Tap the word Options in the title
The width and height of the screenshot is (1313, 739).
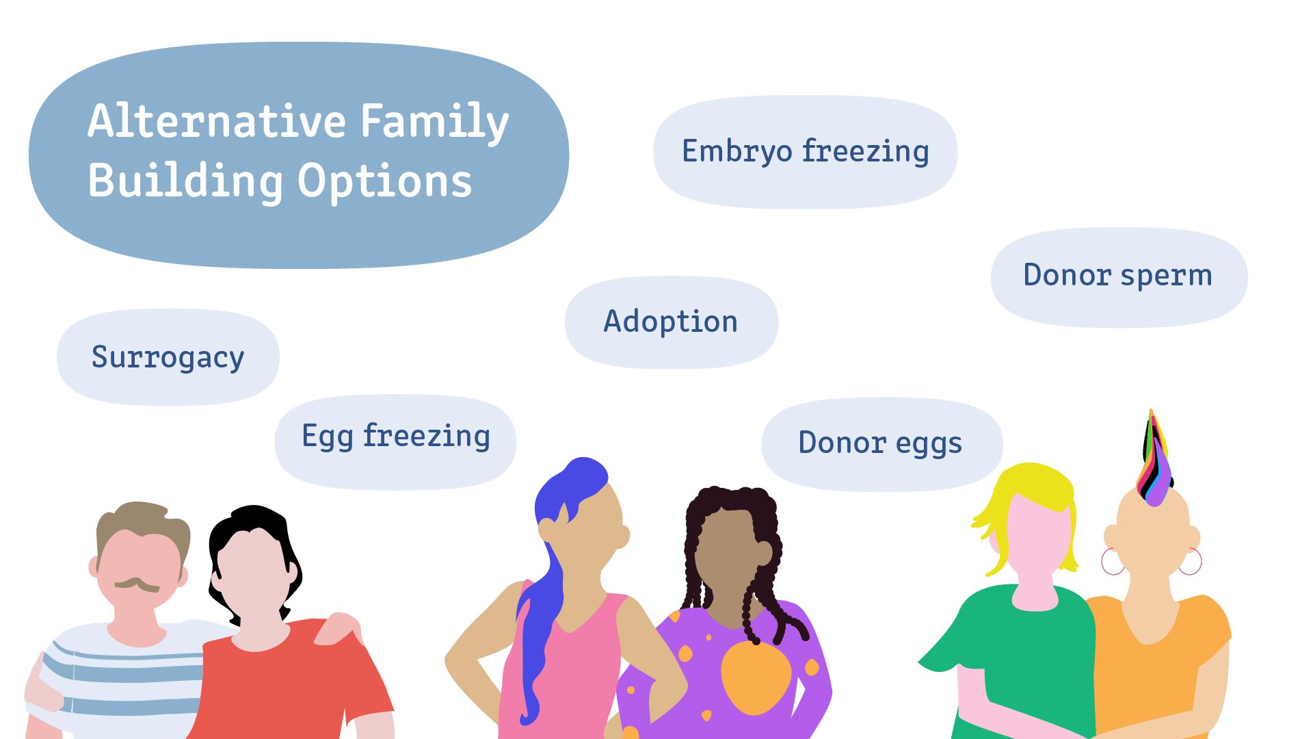click(385, 182)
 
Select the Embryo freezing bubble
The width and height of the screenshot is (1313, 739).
click(806, 152)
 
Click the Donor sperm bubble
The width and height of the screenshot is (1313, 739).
click(1119, 277)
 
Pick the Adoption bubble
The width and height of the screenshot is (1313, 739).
click(672, 322)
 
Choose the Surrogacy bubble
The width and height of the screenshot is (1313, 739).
click(168, 357)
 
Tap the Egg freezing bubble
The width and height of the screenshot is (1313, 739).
click(395, 442)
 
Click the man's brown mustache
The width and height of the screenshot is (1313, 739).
click(137, 584)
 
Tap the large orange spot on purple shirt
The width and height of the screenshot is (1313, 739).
click(756, 677)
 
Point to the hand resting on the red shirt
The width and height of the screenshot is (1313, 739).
click(339, 626)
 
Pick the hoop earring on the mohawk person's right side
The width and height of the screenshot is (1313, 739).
click(1191, 561)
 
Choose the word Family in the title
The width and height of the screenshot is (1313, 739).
click(435, 122)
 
